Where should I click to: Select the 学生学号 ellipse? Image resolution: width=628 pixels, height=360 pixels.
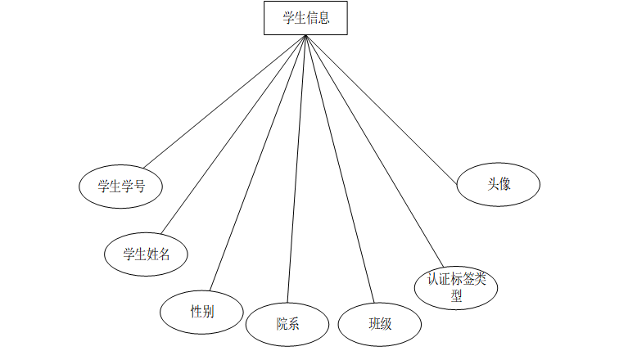[x=120, y=186]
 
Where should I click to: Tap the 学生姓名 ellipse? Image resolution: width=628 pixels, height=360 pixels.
[x=147, y=253]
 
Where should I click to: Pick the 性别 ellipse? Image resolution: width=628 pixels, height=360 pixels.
[x=202, y=311]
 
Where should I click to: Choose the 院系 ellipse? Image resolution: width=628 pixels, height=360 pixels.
[x=287, y=323]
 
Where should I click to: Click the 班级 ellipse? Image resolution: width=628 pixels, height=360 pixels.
[x=380, y=323]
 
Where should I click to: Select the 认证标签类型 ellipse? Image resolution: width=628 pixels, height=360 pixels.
[x=456, y=286]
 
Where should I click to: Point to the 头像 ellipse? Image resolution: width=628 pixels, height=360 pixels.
[x=498, y=184]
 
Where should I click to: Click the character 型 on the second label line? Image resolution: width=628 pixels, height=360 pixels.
[x=456, y=295]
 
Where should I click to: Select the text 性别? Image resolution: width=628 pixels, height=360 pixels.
[x=202, y=311]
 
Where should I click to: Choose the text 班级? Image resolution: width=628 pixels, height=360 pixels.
[x=380, y=323]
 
